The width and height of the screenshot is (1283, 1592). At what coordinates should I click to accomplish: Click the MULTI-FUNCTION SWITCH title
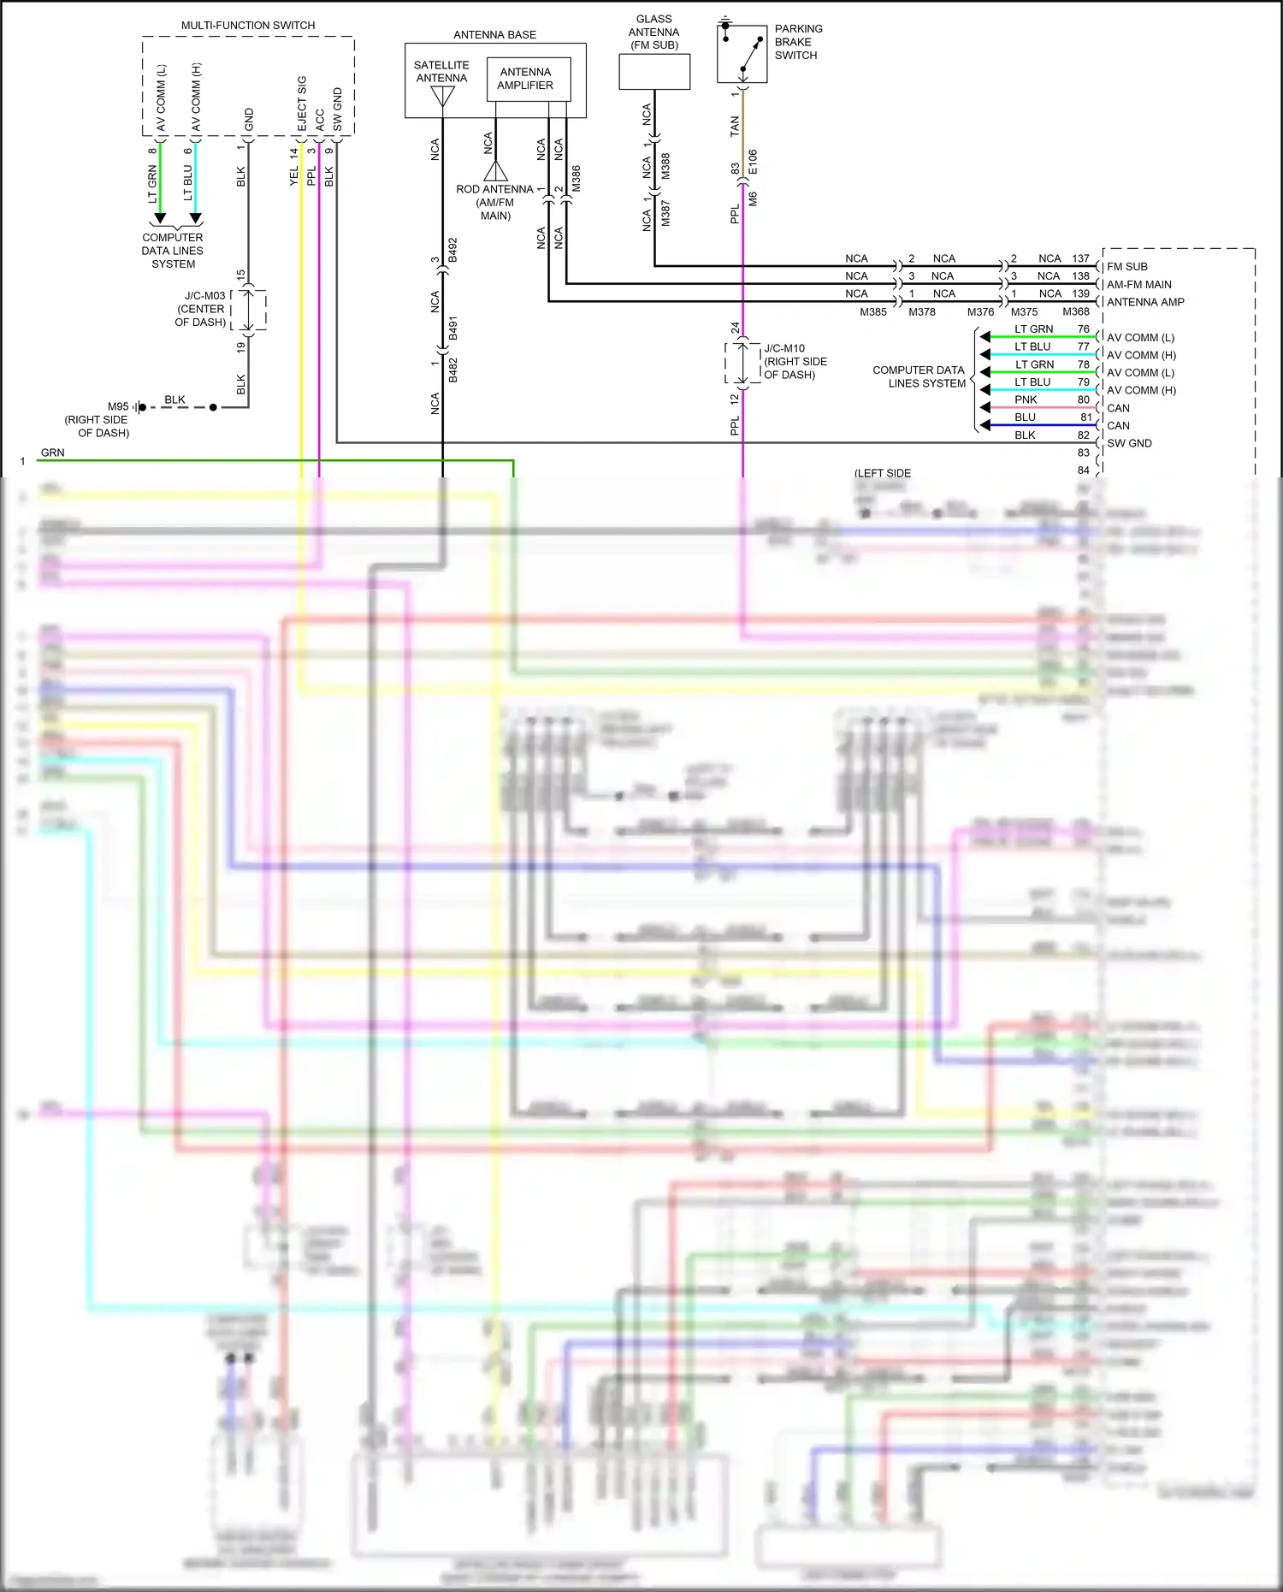pos(248,26)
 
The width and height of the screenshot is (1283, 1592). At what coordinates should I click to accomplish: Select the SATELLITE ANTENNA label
pos(441,71)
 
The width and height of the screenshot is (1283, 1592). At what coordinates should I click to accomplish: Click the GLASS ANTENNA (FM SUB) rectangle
pos(654,72)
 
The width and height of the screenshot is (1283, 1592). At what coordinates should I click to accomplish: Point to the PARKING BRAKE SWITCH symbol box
pos(742,53)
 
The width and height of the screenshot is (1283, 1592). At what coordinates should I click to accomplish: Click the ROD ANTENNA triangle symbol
pos(495,170)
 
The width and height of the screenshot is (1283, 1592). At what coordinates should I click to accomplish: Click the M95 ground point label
pos(118,406)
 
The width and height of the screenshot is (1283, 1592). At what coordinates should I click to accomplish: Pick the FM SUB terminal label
pos(1126,267)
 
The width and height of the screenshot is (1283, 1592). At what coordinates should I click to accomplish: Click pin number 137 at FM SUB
pos(1081,258)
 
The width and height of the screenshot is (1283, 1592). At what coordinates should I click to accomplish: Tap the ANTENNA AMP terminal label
pos(1145,302)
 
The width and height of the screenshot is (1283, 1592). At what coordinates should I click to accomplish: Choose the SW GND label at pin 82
pos(1129,443)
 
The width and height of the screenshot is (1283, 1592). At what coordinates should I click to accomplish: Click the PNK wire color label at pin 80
pos(1026,399)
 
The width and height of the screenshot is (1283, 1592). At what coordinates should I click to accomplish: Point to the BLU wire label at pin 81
pos(1025,417)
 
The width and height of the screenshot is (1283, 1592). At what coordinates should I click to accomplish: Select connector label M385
pos(873,312)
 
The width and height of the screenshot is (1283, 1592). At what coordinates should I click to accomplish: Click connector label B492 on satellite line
pos(453,250)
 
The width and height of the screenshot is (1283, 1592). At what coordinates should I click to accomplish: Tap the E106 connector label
pos(753,162)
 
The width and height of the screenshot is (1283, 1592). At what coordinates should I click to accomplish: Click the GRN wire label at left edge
pos(52,453)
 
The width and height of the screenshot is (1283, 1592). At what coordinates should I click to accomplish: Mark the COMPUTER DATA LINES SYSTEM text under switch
pos(173,251)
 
